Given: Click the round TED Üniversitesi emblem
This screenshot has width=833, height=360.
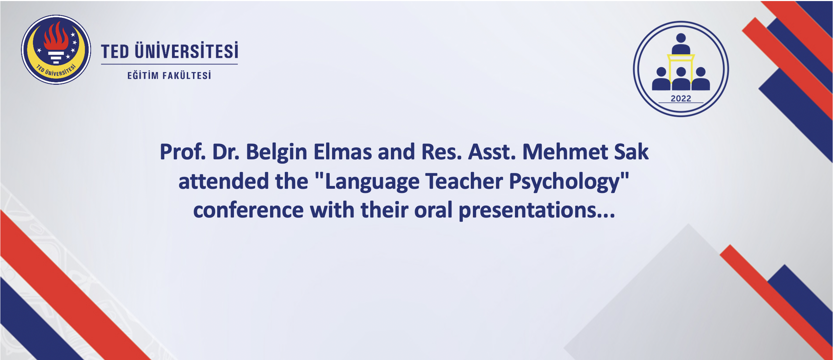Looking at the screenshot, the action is click(x=56, y=50).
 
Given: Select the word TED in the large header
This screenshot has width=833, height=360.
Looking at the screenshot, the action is click(x=115, y=51).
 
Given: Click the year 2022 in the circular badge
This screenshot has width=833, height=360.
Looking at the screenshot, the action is click(x=681, y=98).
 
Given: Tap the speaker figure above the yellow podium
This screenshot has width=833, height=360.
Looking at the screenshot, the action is click(x=681, y=44).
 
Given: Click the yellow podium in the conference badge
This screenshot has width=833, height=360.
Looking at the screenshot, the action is click(x=681, y=70).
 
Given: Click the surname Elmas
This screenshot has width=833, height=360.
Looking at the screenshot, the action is click(x=343, y=152).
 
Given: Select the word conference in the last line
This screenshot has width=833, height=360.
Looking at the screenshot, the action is click(x=248, y=210).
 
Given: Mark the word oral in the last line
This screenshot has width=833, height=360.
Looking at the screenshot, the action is click(x=433, y=210).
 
